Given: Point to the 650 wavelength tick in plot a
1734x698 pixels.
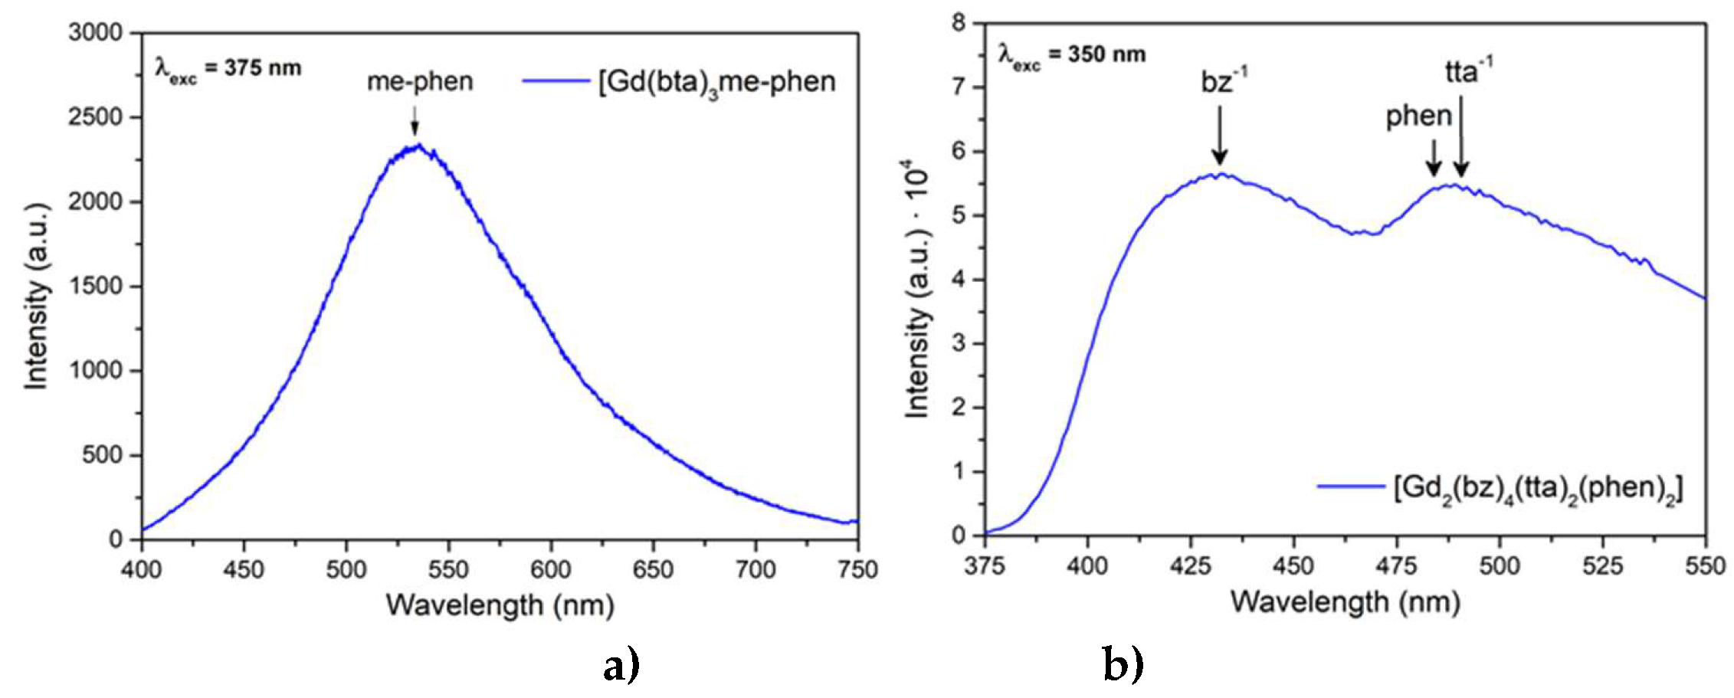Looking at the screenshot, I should tap(653, 569).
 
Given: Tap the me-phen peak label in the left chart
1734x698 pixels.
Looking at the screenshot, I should tap(420, 81).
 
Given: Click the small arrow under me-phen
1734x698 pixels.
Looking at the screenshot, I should tap(415, 120).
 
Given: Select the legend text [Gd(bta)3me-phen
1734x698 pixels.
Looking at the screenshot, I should tap(716, 81).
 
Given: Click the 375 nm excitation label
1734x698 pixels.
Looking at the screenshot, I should tap(228, 68).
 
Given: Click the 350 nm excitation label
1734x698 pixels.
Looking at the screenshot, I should tap(1072, 54).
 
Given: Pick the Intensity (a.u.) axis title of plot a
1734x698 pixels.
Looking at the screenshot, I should tap(36, 297).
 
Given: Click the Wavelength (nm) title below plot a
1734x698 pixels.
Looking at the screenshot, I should tap(500, 605).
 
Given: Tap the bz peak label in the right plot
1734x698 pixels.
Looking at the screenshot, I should tap(1224, 80).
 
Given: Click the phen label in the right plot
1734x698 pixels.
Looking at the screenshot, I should tap(1418, 116).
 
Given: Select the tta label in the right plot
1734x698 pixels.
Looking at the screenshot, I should tap(1467, 70).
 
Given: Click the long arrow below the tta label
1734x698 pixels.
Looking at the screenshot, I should tap(1460, 135).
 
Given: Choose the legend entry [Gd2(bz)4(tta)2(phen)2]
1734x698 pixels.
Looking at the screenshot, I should tap(1538, 488).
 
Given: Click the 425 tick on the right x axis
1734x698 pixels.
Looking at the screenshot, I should tap(1190, 566).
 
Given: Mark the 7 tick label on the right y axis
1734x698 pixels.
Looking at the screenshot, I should tap(959, 87).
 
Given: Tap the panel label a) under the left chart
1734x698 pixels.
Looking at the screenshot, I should tap(620, 665).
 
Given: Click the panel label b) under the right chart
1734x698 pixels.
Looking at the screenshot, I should tap(1123, 665).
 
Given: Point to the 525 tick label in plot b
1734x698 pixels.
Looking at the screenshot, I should tap(1602, 566).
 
